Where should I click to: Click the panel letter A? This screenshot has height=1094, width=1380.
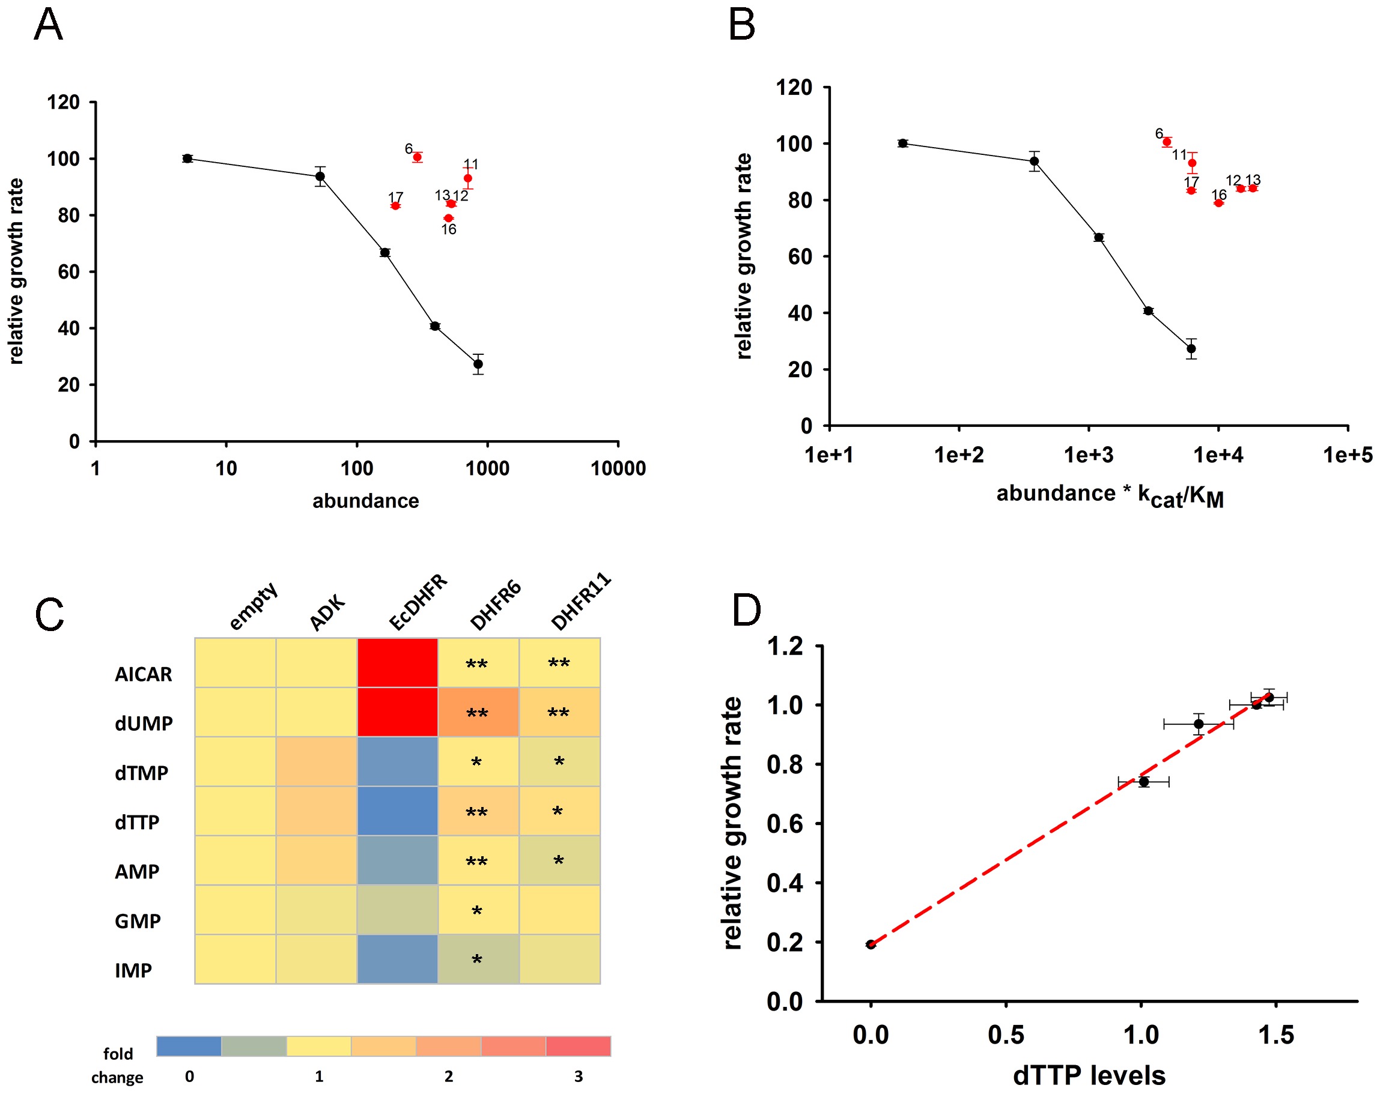tap(48, 26)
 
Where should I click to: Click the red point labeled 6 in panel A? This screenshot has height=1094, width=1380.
tap(418, 157)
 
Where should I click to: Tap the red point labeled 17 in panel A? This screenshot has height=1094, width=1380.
tap(395, 206)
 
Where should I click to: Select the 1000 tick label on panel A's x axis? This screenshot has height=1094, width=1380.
tap(487, 469)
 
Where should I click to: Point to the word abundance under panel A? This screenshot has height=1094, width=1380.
tap(365, 501)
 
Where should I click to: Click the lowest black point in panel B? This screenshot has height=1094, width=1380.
tap(1191, 349)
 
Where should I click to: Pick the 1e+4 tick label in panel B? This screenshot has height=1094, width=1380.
tap(1218, 455)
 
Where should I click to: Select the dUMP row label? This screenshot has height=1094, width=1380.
tap(144, 724)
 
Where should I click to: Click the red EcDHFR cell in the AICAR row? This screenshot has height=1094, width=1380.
tap(398, 663)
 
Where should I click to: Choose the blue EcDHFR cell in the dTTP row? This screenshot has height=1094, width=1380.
tap(398, 811)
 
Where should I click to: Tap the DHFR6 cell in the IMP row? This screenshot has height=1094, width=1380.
tap(478, 959)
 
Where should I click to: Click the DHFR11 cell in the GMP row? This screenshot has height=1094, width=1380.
tap(559, 910)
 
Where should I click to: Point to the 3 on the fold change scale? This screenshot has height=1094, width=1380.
tap(578, 1076)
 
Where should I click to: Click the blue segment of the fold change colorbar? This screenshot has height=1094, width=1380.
tap(189, 1046)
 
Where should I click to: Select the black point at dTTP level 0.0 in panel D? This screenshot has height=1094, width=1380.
tap(871, 944)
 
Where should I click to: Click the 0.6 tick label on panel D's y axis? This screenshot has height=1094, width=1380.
tap(785, 823)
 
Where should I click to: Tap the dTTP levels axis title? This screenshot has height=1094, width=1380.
tap(1089, 1075)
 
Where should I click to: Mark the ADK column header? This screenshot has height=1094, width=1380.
tap(327, 612)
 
